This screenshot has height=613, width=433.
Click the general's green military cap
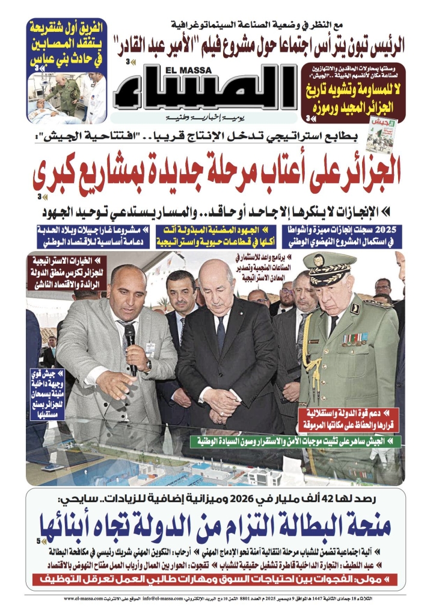tap(329, 265)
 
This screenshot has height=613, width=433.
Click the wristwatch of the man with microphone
tap(147, 366)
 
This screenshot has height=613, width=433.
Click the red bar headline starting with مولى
tap(216, 580)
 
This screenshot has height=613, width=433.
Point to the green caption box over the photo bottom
tap(298, 441)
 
